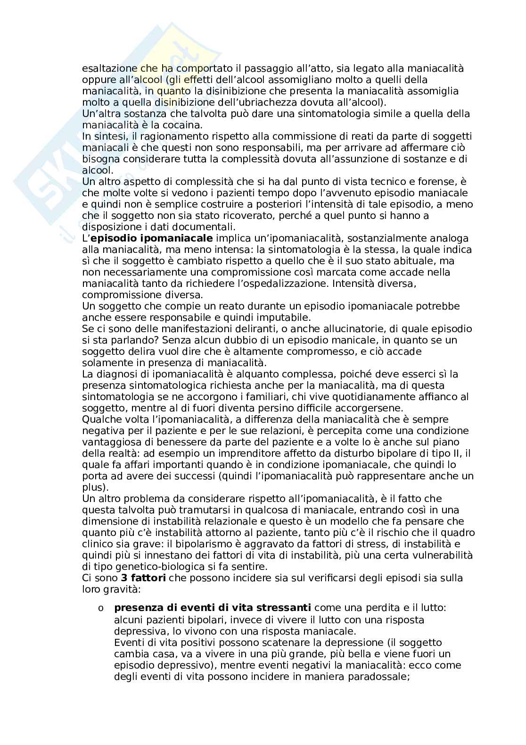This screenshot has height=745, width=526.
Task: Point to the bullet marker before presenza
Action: [100, 609]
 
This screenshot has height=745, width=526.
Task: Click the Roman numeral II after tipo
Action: [455, 453]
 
